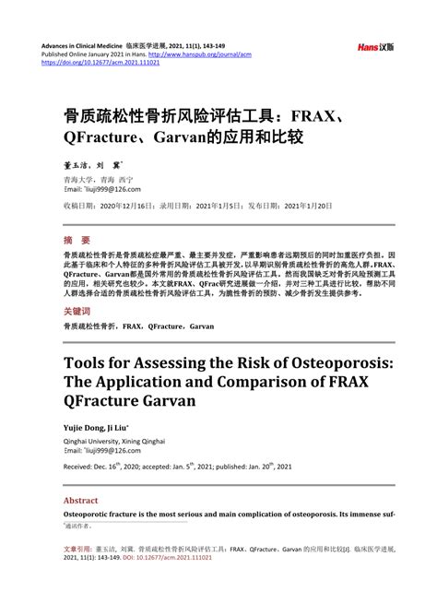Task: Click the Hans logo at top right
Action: [375, 46]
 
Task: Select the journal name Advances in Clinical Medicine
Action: [82, 44]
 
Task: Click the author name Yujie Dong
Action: [83, 429]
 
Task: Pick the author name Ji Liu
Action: [121, 429]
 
